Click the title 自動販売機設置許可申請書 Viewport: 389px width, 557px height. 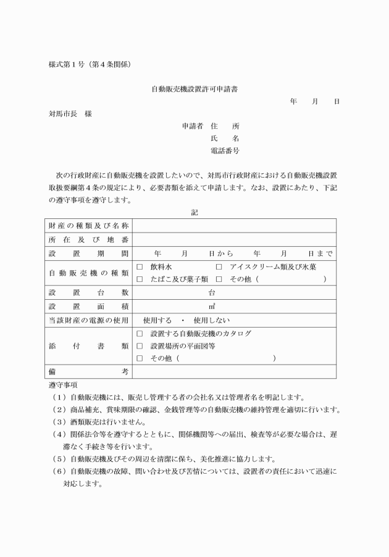coord(195,89)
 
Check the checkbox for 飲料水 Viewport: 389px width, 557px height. coord(140,267)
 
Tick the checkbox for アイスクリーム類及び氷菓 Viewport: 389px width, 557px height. coord(219,267)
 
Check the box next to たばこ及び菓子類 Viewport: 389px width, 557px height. coord(140,279)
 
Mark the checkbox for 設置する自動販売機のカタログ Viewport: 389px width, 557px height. coord(140,334)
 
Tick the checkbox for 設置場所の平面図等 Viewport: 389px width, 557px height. coord(140,346)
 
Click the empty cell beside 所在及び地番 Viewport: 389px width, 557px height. coord(234,239)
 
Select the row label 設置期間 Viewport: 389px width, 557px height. coord(88,254)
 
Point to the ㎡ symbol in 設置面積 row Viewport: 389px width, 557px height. coord(212,307)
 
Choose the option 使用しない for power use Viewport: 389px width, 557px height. coord(211,320)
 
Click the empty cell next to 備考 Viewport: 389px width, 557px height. coord(234,371)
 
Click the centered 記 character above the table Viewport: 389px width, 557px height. coord(194,212)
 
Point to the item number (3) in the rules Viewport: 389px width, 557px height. coord(59,423)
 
